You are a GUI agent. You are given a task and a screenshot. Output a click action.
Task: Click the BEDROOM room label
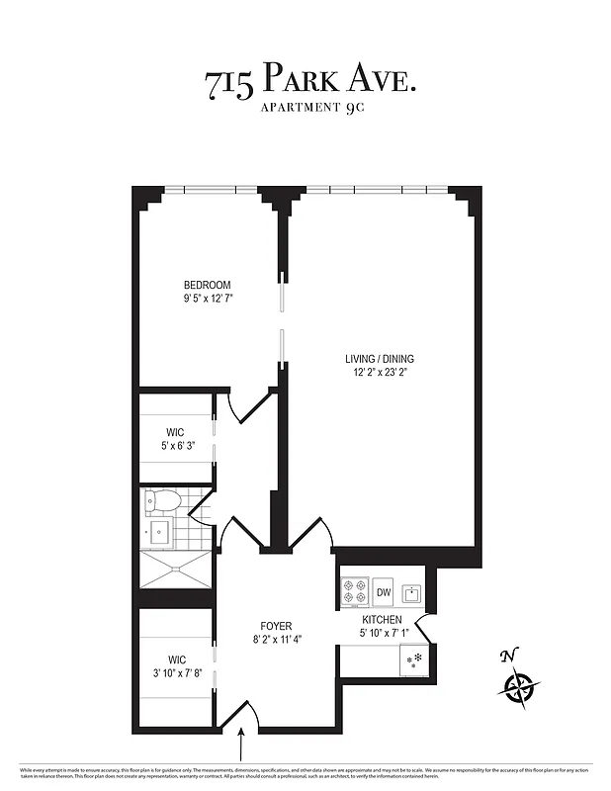coord(207,285)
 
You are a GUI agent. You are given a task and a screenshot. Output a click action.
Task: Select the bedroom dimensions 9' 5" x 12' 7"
coord(207,298)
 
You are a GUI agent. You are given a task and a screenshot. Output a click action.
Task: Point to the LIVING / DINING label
coord(380,359)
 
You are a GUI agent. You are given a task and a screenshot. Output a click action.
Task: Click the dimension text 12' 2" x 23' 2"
coord(380,372)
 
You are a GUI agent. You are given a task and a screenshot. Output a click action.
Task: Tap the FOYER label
coord(276,626)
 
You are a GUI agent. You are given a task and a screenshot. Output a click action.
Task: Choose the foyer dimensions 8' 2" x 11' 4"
coord(276,639)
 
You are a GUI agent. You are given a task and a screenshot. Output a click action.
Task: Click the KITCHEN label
coord(381,620)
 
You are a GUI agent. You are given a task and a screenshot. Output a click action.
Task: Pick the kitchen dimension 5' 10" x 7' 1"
coord(381,633)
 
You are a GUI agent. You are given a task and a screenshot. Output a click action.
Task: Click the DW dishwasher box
coord(384,592)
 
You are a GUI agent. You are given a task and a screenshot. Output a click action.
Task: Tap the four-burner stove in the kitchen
coord(355,591)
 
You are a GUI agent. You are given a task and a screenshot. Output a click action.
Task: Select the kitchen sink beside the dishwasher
coord(410,592)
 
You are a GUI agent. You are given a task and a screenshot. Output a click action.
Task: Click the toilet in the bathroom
coord(161,502)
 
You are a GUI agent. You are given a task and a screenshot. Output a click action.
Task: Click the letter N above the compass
coord(509,656)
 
